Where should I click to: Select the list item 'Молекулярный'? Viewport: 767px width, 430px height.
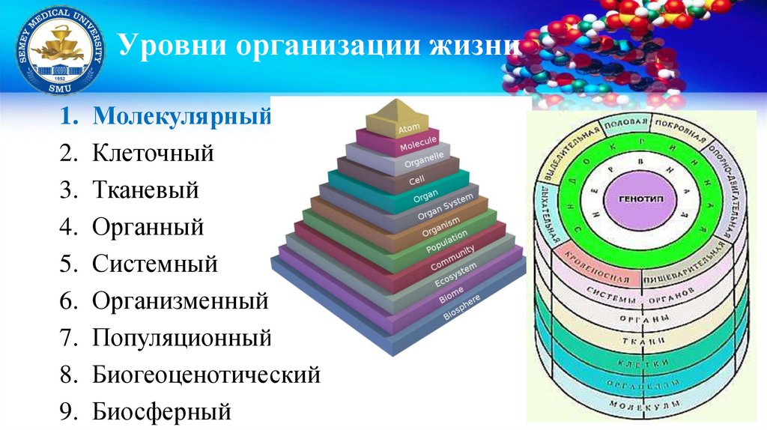pos(181,118)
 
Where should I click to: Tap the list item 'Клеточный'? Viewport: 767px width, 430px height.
pos(154,154)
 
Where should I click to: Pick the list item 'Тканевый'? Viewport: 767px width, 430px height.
pos(146,190)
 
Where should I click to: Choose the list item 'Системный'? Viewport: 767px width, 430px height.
pos(155,264)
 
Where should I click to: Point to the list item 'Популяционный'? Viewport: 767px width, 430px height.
pos(181,338)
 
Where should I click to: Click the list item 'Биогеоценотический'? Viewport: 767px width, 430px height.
pos(207,375)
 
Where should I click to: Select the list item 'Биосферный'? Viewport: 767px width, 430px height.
pos(162,411)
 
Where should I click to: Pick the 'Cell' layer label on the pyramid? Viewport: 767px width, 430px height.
pos(417,181)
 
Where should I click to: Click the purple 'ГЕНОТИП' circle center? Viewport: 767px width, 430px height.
pos(635,203)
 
